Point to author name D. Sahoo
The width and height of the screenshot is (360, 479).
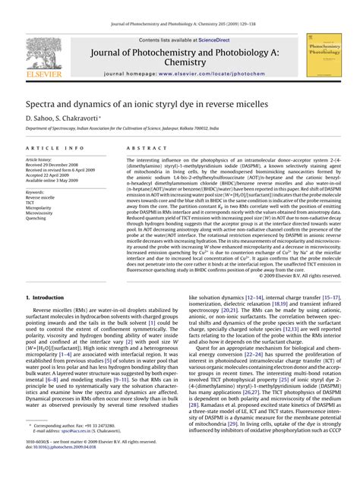pyautogui.click(x=41, y=118)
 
